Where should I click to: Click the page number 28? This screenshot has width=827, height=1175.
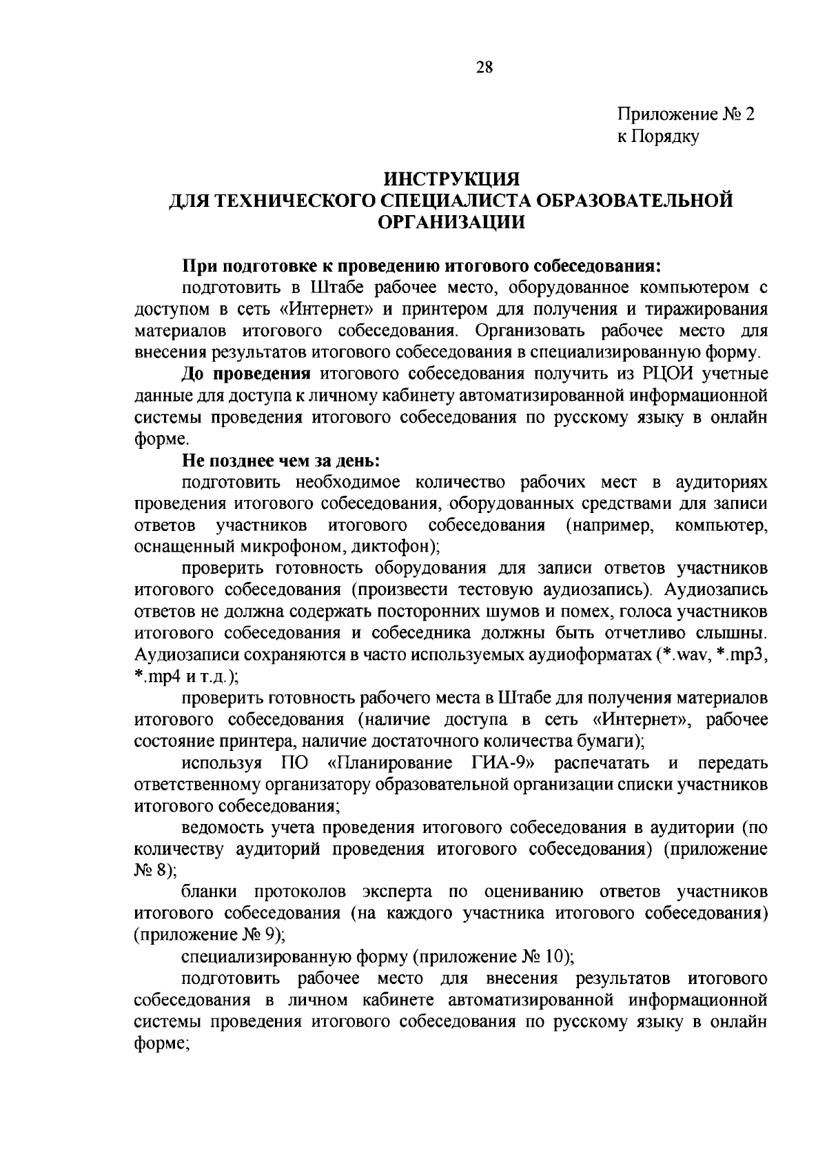(484, 67)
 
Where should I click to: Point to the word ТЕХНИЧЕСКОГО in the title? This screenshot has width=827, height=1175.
(293, 201)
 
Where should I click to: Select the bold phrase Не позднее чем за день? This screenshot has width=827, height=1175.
(281, 460)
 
